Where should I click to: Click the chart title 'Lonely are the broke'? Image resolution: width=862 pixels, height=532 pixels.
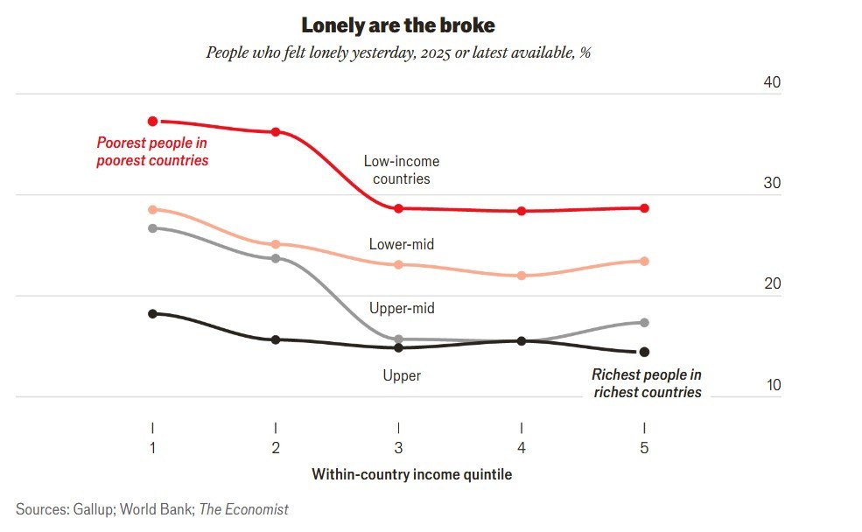point(398,24)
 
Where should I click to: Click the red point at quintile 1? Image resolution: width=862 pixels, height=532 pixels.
point(153,121)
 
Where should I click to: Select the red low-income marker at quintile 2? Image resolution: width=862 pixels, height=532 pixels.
point(276,132)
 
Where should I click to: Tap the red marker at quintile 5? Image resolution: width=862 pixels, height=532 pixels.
point(644,208)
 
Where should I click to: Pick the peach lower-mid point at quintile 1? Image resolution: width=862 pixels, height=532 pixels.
point(153,210)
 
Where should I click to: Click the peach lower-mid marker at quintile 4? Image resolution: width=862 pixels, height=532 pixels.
point(522,276)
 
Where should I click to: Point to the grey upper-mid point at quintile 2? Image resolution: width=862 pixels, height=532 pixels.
point(276,258)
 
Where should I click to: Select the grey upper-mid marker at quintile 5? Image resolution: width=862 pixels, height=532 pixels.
point(644,323)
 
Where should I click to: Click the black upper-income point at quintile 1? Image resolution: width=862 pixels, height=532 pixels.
point(153,313)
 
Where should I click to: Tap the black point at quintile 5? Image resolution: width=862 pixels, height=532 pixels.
point(644,352)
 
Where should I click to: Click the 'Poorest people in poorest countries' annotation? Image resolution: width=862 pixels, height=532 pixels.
point(152,151)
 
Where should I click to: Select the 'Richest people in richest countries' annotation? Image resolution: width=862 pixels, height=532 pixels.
point(647,383)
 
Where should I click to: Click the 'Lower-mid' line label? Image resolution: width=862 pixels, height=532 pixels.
point(402,244)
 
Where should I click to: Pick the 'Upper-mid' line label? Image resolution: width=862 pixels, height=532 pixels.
point(402,308)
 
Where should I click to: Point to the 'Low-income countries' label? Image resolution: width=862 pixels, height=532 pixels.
point(402,170)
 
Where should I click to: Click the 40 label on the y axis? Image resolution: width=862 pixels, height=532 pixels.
point(772,82)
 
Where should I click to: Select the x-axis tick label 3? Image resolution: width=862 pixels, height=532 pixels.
point(399,448)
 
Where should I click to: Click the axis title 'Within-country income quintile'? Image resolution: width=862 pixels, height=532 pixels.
point(411,474)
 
